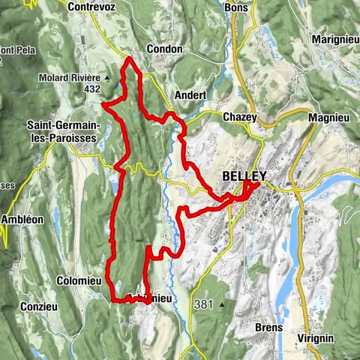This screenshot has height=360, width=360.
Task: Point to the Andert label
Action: pos(189,95)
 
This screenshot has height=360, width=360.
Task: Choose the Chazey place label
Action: pos(240,117)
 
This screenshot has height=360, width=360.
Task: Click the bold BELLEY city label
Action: pos(244,177)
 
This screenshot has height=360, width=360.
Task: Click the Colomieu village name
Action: pos(78,280)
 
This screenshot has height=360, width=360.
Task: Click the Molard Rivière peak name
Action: pos(70,77)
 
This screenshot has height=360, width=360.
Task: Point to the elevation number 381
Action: pos(202,304)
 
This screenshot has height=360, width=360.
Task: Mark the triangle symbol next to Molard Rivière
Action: pos(107,77)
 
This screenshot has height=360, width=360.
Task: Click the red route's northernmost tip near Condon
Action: pos(130,58)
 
